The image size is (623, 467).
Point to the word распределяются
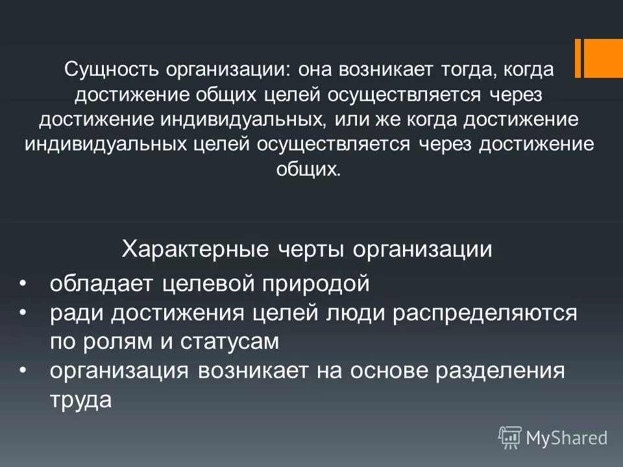click(x=484, y=314)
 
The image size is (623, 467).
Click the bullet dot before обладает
click(x=24, y=284)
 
